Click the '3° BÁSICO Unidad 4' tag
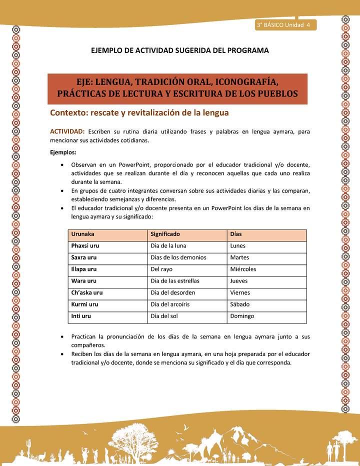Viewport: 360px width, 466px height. pos(283,25)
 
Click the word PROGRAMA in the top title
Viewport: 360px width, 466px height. pos(246,50)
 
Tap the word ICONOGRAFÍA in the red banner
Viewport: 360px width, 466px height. pos(251,82)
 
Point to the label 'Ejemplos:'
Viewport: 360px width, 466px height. pos(62,152)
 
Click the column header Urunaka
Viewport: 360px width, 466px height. pos(83,234)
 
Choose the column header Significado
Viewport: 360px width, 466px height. pos(165,234)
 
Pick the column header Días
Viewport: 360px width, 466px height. pos(236,234)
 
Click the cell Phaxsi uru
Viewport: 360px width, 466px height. pos(85,245)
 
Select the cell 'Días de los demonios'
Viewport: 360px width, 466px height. pos(178,257)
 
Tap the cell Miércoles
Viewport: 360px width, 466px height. pos(243,269)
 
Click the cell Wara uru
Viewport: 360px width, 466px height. pos(84,281)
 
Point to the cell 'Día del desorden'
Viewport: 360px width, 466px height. pos(172,292)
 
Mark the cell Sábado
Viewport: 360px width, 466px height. pos(240,304)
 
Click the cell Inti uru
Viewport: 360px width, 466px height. pos(81,316)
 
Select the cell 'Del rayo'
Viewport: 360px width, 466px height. pos(161,269)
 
